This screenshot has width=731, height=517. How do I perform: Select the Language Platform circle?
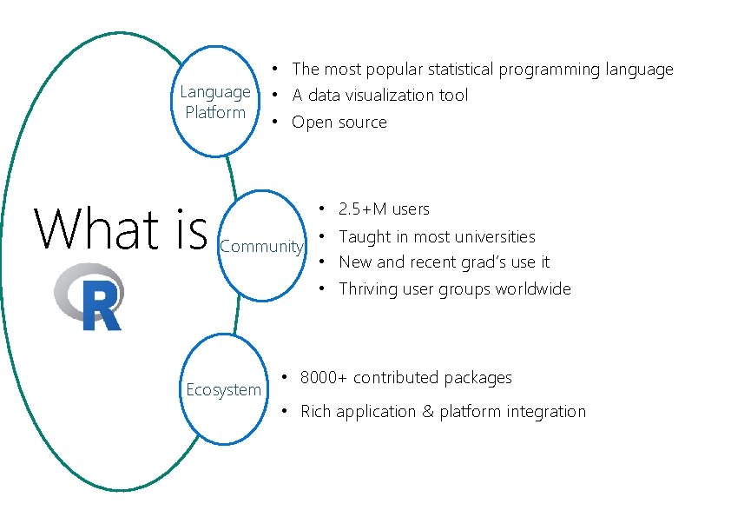point(215,103)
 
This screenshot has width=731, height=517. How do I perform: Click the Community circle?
point(261,246)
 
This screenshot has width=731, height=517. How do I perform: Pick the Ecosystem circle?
point(223,390)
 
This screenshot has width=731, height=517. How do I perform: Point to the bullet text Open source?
point(339,123)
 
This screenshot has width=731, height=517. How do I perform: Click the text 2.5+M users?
point(384,209)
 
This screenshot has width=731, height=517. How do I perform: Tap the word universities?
point(497,236)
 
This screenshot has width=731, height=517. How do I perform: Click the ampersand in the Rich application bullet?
point(427,412)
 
